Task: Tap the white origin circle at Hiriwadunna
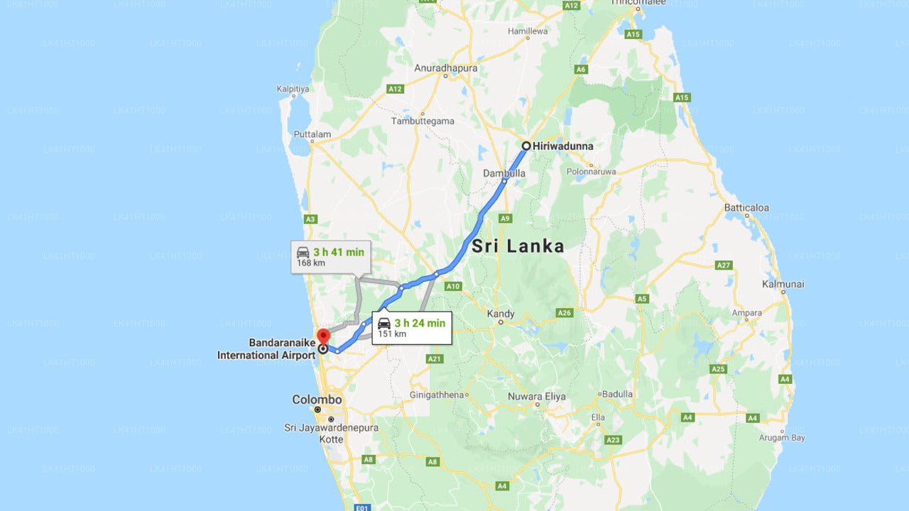tap(526, 145)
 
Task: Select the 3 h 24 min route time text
tap(420, 323)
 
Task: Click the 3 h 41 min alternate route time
tap(339, 252)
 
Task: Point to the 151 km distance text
tap(391, 334)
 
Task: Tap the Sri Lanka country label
tap(518, 246)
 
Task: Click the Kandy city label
tap(501, 313)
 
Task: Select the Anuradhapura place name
tap(446, 68)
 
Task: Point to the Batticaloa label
tap(746, 208)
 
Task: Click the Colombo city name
tap(317, 400)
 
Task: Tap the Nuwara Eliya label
tap(537, 397)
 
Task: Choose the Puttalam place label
tap(312, 134)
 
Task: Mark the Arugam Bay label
tap(783, 438)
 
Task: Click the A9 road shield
tap(506, 218)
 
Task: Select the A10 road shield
tap(453, 287)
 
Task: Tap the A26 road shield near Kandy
tap(565, 312)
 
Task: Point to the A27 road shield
tap(724, 265)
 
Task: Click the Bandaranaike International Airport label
tap(266, 349)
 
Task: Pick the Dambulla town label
tap(504, 173)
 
